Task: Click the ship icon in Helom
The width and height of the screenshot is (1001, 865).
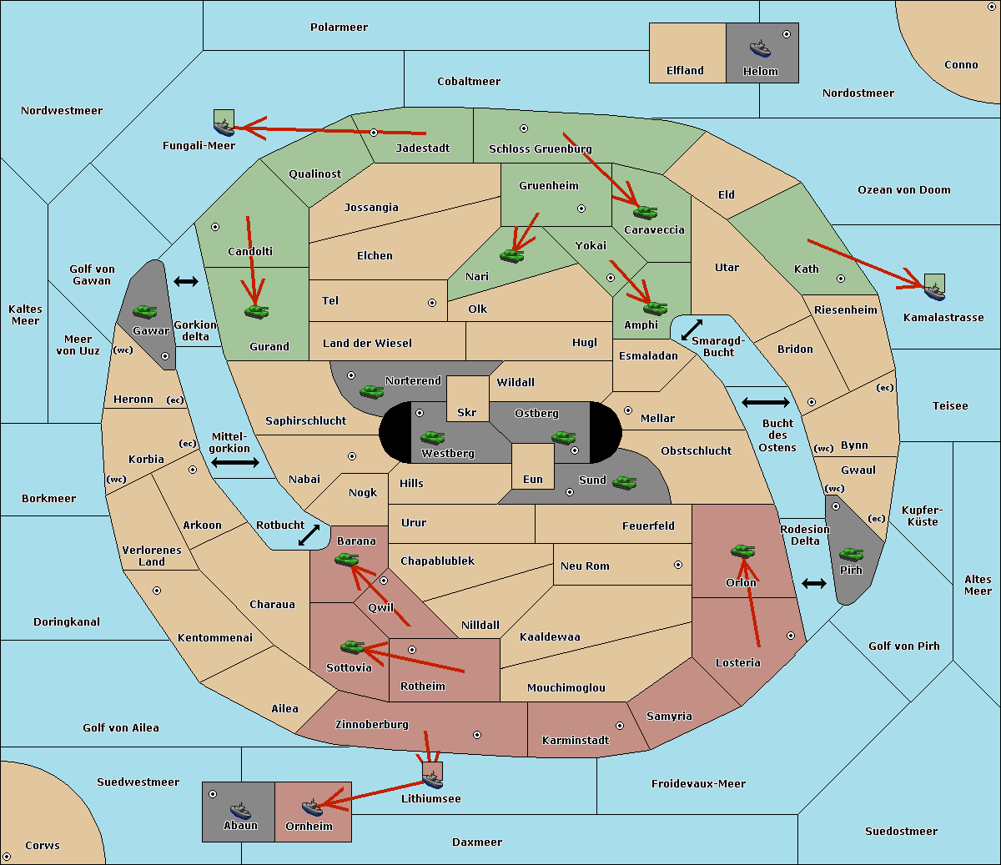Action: pos(760,48)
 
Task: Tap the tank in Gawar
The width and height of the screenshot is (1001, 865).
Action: pos(145,311)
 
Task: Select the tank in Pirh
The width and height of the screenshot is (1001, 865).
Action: pos(851,554)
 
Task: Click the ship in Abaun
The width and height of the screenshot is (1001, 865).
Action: pos(240,810)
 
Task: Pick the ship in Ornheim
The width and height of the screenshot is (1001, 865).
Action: pos(312,807)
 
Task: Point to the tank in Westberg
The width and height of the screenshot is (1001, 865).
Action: pos(432,437)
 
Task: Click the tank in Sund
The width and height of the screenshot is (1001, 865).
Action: pos(624,482)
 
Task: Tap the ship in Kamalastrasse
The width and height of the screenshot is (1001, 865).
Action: pos(934,292)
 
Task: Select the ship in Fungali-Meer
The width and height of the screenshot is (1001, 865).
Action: pos(224,127)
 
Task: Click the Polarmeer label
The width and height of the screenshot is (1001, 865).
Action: pos(339,28)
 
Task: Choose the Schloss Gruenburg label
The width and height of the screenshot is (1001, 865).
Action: pos(540,148)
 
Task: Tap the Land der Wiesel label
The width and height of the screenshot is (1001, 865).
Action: pos(367,344)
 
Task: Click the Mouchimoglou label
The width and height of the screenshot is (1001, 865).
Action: pos(566,687)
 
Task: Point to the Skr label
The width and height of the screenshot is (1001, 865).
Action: pos(467,412)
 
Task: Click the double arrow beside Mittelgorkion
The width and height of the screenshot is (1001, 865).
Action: pos(235,462)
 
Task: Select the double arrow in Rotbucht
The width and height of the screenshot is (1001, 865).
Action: pos(309,536)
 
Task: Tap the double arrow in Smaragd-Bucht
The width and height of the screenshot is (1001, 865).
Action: pos(692,329)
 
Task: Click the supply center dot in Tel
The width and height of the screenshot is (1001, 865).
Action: pos(432,303)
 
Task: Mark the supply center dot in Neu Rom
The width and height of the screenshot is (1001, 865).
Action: pos(678,565)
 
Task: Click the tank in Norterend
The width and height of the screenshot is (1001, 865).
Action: pos(371,391)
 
